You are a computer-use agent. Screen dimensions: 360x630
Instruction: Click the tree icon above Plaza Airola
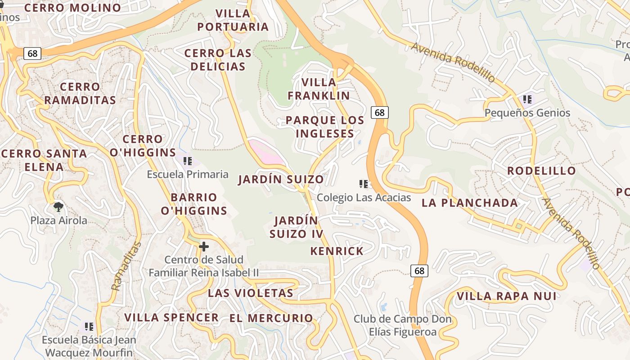58,207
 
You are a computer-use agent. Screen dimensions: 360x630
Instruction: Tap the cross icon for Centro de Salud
204,247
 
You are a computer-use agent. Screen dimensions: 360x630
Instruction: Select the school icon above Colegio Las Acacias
364,184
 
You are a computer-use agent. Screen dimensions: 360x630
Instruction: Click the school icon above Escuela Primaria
188,161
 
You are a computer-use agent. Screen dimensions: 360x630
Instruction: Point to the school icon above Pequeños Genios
527,99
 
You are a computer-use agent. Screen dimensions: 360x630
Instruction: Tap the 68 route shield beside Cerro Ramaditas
32,54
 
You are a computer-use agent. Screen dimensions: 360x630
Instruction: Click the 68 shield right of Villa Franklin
380,112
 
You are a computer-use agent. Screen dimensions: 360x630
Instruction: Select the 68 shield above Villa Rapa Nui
419,271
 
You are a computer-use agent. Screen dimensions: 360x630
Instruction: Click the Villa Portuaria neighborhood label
233,20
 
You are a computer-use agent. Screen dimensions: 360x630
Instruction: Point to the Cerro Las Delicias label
218,60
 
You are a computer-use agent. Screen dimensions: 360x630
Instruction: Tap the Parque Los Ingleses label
325,127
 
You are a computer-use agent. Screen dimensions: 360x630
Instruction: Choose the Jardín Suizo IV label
297,227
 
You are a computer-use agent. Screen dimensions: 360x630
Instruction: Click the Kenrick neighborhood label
337,251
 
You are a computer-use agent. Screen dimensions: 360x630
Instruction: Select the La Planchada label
470,203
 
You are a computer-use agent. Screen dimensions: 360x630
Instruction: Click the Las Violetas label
251,293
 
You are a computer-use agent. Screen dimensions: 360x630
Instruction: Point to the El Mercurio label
271,318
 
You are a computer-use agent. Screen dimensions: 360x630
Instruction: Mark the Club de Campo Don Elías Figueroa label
402,326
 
